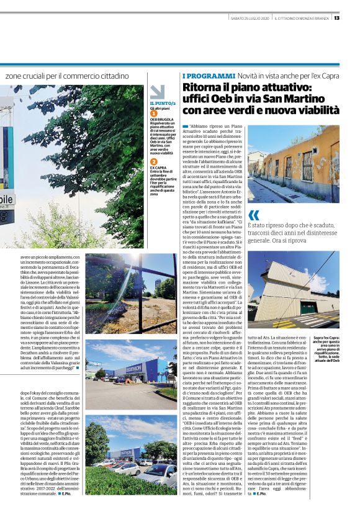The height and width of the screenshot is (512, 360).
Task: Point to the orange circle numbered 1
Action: [x=154, y=113]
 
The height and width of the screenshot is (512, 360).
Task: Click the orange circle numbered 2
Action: [x=154, y=161]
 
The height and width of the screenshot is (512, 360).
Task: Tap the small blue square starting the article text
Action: [x=185, y=125]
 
